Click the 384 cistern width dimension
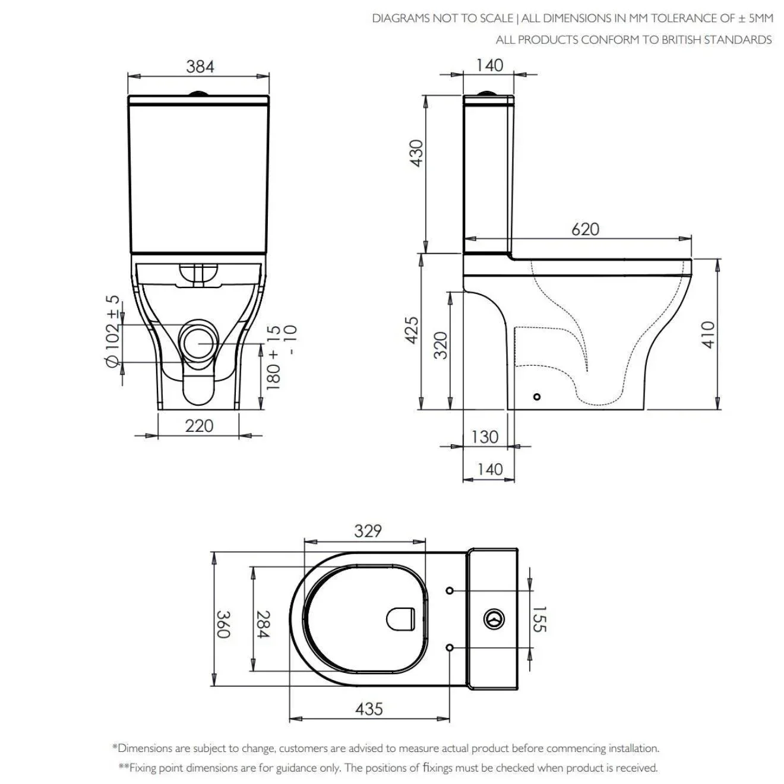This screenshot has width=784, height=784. point(200,67)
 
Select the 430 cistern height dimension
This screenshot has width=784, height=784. point(416,153)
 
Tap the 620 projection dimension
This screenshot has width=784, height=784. point(585,229)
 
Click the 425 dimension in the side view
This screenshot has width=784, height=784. point(412,330)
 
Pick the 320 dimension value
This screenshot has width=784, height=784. point(440,346)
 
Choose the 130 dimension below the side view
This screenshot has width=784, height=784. point(485,437)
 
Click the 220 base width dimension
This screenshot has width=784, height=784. point(199,426)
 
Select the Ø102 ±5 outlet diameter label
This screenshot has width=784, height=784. point(113,331)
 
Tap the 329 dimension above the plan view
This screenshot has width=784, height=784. point(368,531)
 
